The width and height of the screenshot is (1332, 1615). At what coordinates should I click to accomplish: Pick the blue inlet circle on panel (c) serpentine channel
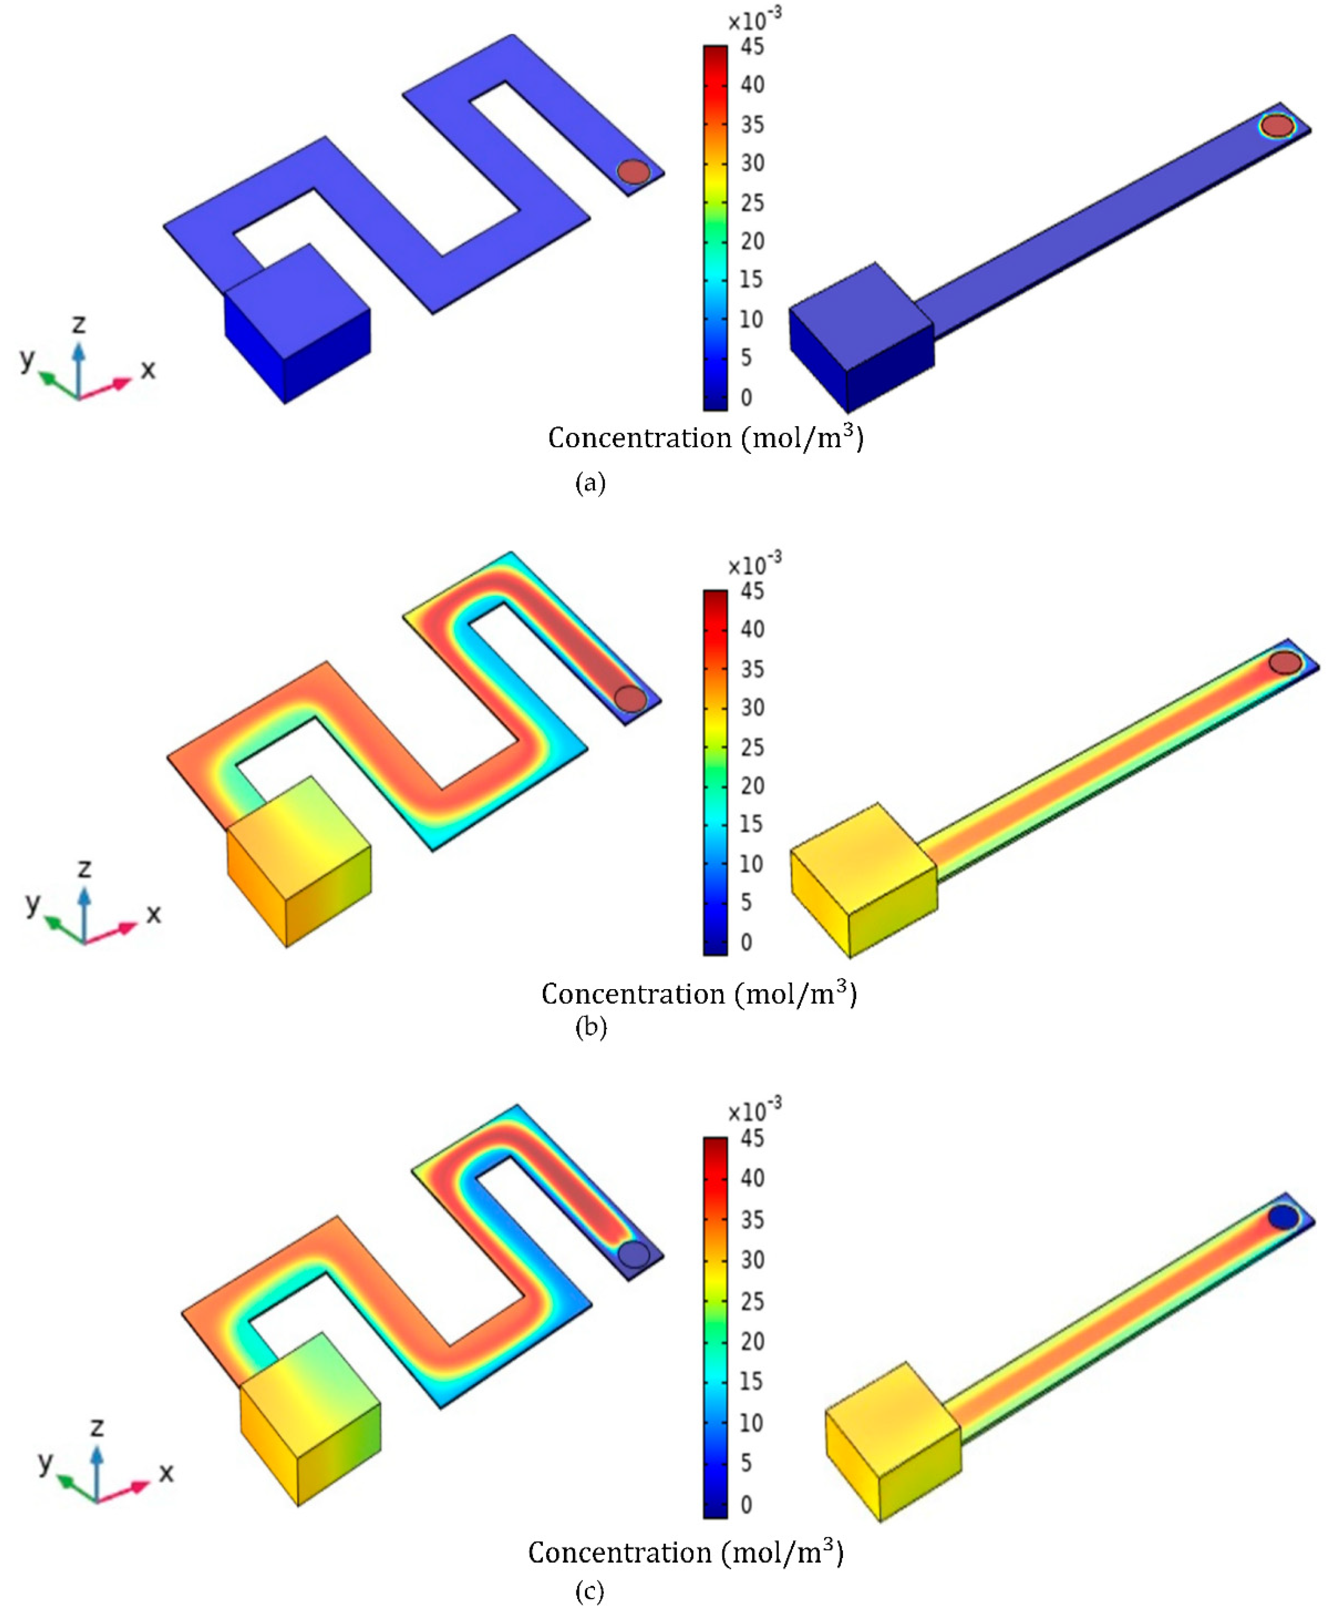click(x=634, y=1254)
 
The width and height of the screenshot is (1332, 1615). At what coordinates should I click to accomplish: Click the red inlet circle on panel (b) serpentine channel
click(x=631, y=698)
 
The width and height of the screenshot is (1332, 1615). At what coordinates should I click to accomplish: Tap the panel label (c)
click(x=589, y=1591)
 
